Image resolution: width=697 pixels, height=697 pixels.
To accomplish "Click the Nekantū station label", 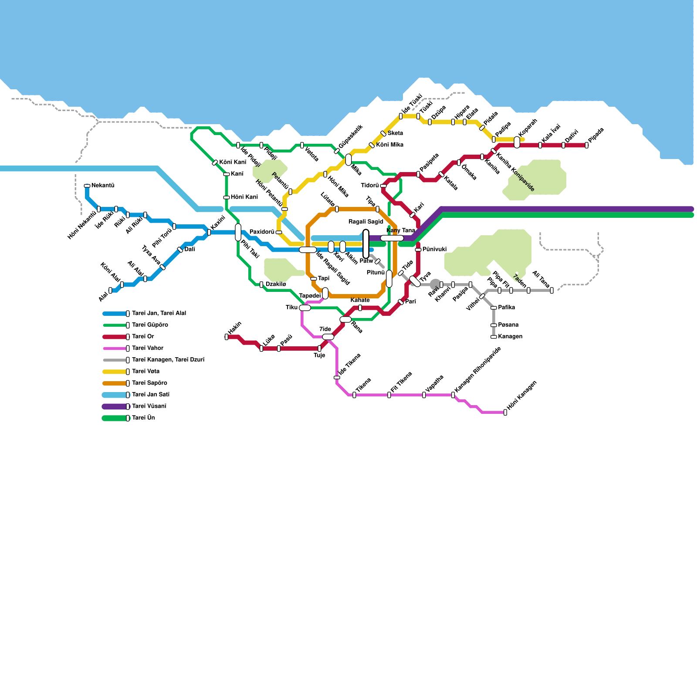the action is [103, 186].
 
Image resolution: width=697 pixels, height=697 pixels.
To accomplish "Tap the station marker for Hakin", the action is [227, 337].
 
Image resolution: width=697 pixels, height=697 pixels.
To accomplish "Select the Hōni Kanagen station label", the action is [522, 397].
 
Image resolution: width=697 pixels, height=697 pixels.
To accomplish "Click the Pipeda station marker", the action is [586, 145].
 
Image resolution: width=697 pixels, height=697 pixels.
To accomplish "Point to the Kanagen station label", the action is [510, 337].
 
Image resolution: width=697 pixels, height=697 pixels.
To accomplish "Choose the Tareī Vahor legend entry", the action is [148, 348].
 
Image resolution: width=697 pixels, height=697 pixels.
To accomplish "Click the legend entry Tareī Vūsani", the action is [149, 406].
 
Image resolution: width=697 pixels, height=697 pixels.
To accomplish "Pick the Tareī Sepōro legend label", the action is [149, 383].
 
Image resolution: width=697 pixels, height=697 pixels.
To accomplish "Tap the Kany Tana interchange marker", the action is [392, 238].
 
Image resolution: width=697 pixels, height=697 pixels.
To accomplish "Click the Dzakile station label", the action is [276, 284].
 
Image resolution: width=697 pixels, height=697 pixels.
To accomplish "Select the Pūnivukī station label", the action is [435, 250].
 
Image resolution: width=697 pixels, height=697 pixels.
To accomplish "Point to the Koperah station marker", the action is [517, 142].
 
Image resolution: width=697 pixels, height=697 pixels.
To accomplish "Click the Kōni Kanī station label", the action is [233, 162].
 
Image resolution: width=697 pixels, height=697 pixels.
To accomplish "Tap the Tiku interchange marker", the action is [305, 308].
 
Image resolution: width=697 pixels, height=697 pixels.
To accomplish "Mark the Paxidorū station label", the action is [262, 232].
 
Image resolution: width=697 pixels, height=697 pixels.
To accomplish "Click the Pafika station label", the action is [507, 308].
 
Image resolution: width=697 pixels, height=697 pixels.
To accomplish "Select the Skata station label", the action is [395, 133].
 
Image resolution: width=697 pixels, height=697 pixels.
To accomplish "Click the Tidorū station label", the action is [370, 186].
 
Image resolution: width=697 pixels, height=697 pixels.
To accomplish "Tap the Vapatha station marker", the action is [424, 395].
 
